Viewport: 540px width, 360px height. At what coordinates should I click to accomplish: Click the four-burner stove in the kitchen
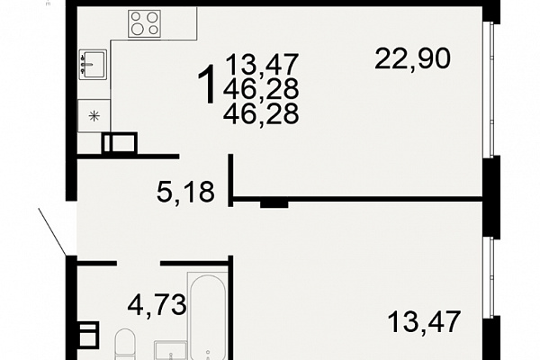click(144, 23)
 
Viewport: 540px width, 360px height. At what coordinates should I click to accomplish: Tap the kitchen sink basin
click(93, 65)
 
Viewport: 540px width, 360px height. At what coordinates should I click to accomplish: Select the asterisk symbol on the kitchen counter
click(94, 116)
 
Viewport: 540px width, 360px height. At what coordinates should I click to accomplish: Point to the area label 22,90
click(412, 58)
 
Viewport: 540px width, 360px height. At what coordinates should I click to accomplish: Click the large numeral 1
click(207, 85)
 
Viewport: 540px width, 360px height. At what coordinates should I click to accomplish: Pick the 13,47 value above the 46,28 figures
click(262, 65)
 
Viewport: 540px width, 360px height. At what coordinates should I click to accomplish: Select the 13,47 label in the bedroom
click(424, 322)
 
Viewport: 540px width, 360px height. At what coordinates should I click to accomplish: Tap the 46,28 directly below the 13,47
click(261, 89)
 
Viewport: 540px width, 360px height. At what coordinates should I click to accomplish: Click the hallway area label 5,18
click(185, 192)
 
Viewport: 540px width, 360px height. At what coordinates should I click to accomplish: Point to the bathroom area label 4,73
click(157, 305)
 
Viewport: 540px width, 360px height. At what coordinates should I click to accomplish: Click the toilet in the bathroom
click(125, 345)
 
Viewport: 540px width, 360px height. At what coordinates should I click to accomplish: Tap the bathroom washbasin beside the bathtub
click(170, 350)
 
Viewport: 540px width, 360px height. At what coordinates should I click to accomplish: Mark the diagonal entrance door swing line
click(52, 232)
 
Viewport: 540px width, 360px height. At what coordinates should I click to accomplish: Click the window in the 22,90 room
click(489, 89)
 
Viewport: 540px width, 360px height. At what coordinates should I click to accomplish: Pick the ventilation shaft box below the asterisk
click(120, 143)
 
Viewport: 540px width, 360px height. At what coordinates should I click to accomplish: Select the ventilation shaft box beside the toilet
click(88, 334)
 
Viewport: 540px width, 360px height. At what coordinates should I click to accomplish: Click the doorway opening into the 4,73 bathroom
click(139, 264)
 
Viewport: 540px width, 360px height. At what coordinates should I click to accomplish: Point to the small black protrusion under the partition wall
click(274, 204)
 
